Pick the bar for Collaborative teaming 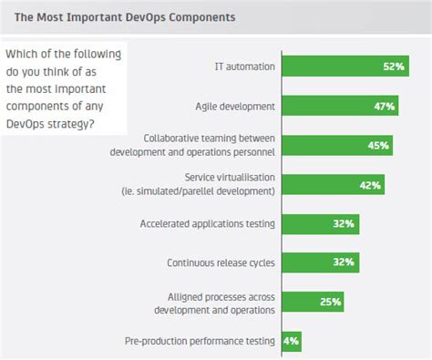(x=336, y=145)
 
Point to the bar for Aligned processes (x=313, y=302)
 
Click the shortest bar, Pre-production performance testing (x=291, y=341)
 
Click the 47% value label (x=384, y=107)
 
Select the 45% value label (x=379, y=146)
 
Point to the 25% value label (x=330, y=302)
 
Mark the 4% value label (x=291, y=342)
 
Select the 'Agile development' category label (x=235, y=106)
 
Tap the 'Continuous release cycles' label (x=221, y=262)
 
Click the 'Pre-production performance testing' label (x=200, y=341)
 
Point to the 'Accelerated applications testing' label (x=208, y=223)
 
